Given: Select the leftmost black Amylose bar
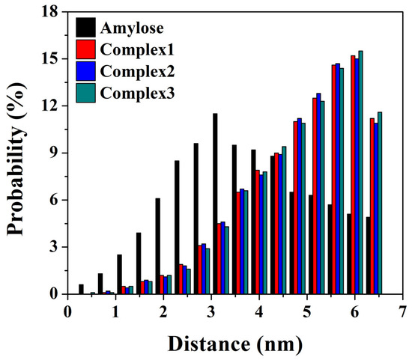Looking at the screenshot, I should [81, 289].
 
